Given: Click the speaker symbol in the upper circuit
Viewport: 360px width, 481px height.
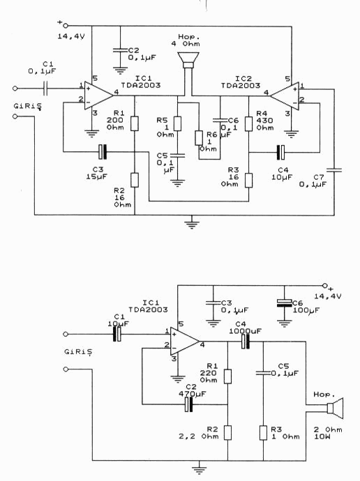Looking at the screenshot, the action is tap(188, 60).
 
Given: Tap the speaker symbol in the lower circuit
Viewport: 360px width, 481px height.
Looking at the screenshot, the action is tap(334, 409).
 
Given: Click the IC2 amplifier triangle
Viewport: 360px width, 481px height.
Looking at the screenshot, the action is tap(285, 96).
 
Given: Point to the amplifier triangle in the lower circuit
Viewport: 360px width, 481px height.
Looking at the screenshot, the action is tap(185, 342).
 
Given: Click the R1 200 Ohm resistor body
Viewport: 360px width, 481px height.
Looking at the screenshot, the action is tap(135, 123).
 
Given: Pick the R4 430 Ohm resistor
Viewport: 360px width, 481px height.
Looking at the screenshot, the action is tap(248, 123).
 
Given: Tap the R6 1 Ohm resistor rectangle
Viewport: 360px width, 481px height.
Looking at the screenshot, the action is tap(199, 138).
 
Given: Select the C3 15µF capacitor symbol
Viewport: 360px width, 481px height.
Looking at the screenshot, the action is tap(103, 152).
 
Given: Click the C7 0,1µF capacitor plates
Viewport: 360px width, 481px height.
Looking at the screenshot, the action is tap(334, 169).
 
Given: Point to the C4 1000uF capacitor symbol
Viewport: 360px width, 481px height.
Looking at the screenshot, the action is tap(245, 342).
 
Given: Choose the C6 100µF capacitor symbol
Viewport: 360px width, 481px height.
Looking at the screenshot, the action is tap(284, 303).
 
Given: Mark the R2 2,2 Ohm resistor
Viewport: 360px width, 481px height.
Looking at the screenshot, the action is tap(227, 432).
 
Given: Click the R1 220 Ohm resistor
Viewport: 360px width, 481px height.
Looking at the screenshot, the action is tap(227, 376).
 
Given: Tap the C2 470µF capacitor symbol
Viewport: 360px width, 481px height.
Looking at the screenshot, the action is tap(189, 404).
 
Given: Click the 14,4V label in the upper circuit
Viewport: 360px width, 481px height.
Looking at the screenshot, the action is tap(71, 36).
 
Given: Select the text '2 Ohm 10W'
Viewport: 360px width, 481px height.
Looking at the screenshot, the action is tap(328, 433).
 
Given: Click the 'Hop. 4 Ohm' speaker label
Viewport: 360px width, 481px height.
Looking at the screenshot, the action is tap(186, 40).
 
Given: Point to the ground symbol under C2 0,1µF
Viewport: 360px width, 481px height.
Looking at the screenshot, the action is tap(120, 70).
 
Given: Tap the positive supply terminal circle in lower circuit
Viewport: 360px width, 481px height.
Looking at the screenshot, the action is tap(325, 286).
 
